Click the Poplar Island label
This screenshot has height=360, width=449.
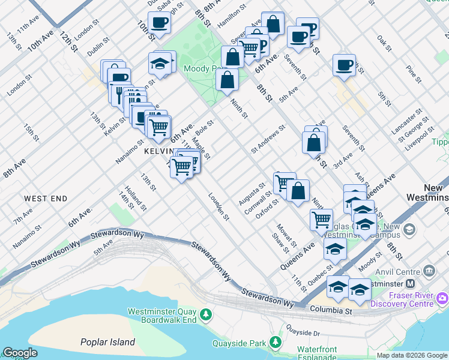click(x=108, y=342)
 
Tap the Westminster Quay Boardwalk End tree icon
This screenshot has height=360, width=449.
click(x=206, y=314)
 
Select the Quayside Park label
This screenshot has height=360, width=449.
click(x=239, y=344)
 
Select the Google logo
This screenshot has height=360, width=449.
click(x=20, y=353)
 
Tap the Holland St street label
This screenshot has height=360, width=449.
click(x=135, y=198)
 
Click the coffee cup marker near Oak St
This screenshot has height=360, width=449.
click(x=345, y=65)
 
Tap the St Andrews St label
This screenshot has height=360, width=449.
click(x=268, y=139)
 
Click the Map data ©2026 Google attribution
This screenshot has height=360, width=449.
click(x=412, y=355)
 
